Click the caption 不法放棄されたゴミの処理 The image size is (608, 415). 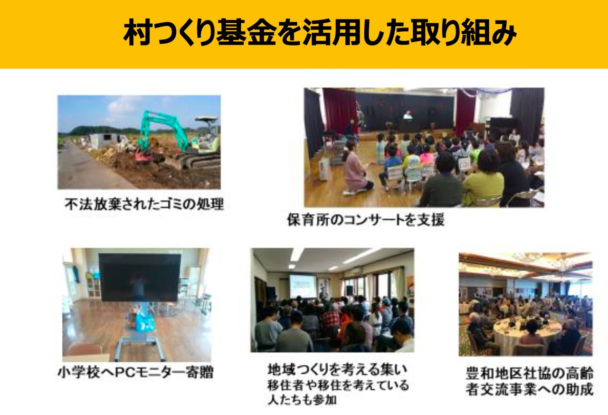144,204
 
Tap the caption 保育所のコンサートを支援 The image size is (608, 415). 366,219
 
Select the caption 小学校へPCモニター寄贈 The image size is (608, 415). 136,372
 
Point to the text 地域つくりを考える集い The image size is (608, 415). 337,369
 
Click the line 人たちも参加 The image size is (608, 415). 302,400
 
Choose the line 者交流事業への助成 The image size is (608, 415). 529,389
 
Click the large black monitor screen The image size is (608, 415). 140,277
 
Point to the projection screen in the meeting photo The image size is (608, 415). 303,286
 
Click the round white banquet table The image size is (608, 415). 527,332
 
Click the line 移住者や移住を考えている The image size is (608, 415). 338,385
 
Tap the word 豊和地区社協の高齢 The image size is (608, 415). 529,373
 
